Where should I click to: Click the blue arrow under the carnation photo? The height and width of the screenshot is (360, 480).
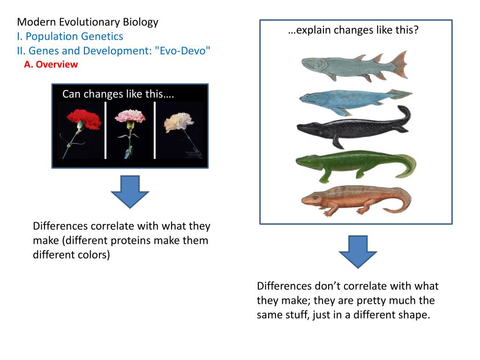130,192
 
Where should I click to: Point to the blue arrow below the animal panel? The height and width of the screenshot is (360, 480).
358,252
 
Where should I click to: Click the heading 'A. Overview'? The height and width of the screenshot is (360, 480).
51,65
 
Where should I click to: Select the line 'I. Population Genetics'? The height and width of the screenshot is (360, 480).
70,36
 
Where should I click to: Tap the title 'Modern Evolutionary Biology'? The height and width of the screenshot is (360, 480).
88,22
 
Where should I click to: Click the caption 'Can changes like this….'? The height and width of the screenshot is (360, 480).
118,94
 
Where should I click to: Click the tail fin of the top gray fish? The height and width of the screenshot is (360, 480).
398,65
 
